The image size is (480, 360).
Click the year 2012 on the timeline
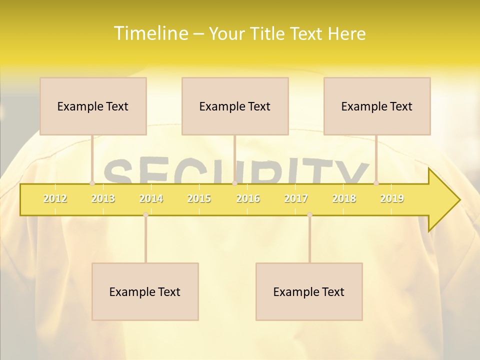tap(55, 199)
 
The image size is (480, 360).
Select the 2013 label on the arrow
tap(103, 199)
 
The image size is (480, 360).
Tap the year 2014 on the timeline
tap(151, 199)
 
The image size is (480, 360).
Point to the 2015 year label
tap(199, 199)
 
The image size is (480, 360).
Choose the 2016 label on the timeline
tap(248, 199)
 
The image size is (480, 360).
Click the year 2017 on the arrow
tap(296, 199)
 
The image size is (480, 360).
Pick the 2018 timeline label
tap(344, 199)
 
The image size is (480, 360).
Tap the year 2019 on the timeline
tap(392, 199)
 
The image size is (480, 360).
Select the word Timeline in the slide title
tap(149, 33)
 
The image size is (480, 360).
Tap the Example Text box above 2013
tap(93, 106)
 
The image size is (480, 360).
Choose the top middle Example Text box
tap(235, 106)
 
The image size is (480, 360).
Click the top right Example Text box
tap(377, 106)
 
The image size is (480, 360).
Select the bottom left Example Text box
tap(145, 291)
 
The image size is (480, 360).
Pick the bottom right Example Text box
tap(309, 291)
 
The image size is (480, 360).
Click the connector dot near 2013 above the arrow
tap(92, 183)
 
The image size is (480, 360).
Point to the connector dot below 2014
tap(145, 215)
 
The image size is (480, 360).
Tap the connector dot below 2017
tap(309, 215)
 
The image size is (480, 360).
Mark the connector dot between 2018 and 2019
tap(376, 183)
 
